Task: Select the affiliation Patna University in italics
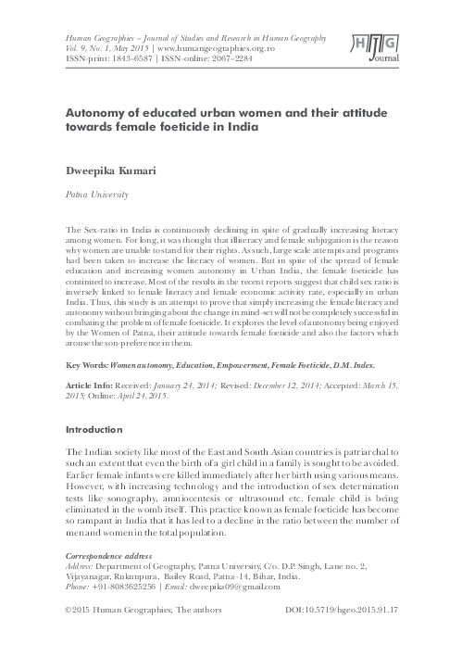[x=94, y=196]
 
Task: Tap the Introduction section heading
[x=94, y=430]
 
